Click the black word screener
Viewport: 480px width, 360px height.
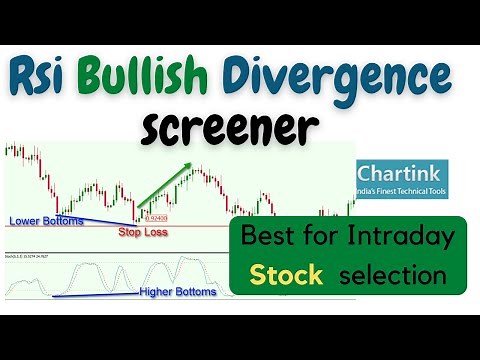tap(230, 130)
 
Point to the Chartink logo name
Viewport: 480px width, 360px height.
tap(403, 171)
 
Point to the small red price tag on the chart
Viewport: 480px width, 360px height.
tap(155, 216)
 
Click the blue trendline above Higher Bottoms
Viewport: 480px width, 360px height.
tap(100, 295)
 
